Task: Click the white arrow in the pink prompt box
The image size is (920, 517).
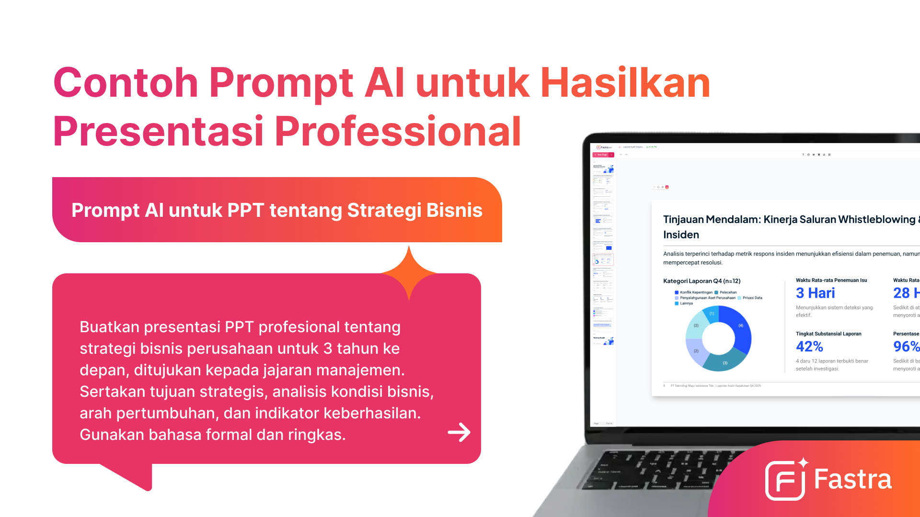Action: [x=459, y=432]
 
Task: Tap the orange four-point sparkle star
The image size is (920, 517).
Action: [x=409, y=273]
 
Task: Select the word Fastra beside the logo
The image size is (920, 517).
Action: [x=853, y=479]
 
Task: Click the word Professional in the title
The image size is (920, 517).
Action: [x=398, y=131]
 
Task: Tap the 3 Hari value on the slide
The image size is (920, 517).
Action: [x=815, y=293]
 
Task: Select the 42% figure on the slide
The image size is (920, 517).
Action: [x=809, y=346]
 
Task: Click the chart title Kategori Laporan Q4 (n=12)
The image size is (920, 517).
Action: [x=701, y=281]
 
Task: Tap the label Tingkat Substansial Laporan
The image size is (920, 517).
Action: [x=828, y=334]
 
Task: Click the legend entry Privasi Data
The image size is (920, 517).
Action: [x=752, y=298]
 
